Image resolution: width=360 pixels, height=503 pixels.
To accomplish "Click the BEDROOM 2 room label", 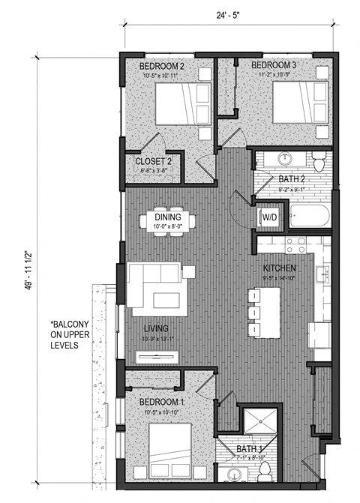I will pyautogui.click(x=162, y=67).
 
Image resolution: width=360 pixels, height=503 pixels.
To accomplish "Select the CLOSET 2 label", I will pyautogui.click(x=154, y=161).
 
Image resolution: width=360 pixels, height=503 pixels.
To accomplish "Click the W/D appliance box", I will pyautogui.click(x=267, y=218).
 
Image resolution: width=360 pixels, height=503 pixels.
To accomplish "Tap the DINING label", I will pyautogui.click(x=169, y=218).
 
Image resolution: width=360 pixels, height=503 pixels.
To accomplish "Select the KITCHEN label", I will pyautogui.click(x=280, y=268).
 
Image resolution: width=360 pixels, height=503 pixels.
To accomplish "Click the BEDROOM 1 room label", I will pyautogui.click(x=163, y=403).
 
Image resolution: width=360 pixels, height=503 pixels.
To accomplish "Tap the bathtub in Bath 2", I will pyautogui.click(x=307, y=217).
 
